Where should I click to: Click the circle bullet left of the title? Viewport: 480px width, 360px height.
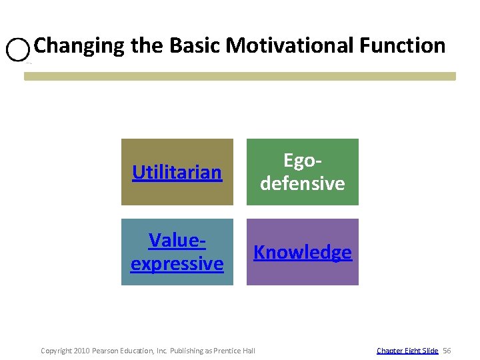18,49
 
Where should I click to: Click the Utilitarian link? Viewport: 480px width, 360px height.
177,173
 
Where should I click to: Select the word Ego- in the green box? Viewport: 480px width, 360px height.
303,161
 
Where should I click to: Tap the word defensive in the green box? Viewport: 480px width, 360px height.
303,183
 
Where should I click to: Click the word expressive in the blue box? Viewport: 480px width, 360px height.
177,263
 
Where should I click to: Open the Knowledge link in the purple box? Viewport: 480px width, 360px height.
303,253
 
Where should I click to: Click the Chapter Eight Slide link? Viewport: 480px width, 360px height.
407,350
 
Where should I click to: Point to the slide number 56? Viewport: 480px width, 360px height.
447,350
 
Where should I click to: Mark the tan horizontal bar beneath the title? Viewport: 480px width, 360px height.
240,76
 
